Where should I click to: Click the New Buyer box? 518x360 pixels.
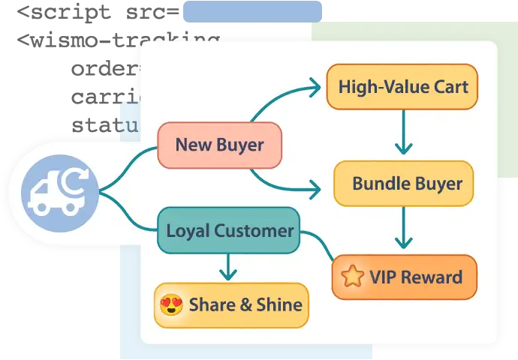point(219,145)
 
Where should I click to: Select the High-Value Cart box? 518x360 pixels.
point(402,86)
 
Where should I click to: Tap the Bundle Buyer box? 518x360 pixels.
point(404,183)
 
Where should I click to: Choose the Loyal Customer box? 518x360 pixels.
point(228,230)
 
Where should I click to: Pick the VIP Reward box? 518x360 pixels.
point(404,277)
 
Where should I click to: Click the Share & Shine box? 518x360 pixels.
point(231,304)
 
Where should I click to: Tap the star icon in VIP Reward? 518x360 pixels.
point(351,277)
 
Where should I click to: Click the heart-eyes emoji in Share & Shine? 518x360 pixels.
point(172,304)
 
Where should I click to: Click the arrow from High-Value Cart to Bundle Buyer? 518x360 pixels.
point(404,133)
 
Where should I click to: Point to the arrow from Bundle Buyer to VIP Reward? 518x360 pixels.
point(404,228)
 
